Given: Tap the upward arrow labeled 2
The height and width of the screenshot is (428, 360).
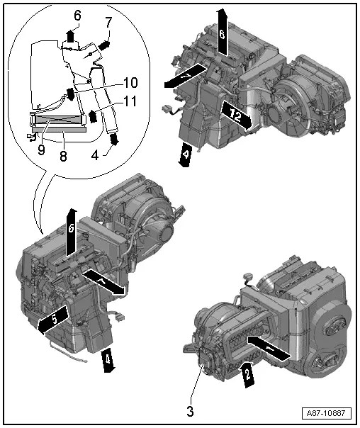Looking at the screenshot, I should (x=246, y=371).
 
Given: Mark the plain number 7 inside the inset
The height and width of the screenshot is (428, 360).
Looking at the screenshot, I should (x=108, y=23).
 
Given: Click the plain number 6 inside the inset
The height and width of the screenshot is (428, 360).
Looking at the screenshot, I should (x=77, y=14).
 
